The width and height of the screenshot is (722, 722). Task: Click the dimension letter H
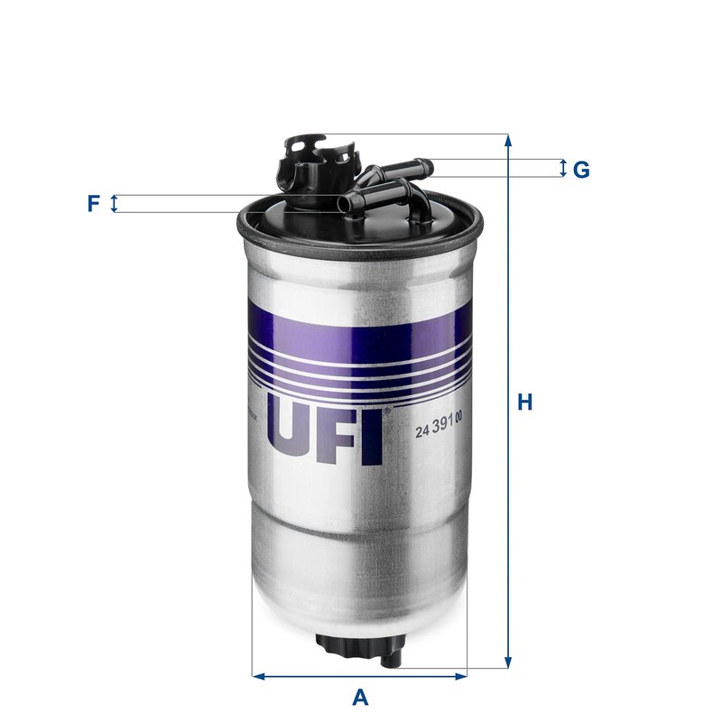coord(524,403)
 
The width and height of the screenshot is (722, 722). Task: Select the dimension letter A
coord(360,698)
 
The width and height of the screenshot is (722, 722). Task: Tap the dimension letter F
coord(93,204)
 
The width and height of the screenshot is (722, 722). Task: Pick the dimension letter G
coord(581,169)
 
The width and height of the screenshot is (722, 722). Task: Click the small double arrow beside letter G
coord(563,168)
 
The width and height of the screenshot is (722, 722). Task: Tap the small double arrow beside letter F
coord(114,204)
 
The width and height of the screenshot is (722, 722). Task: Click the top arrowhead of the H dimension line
coord(508,141)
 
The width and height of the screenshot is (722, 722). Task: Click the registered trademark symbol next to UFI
coord(387,412)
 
